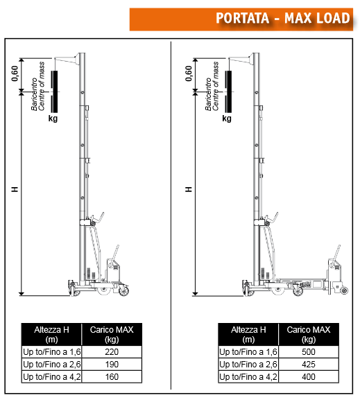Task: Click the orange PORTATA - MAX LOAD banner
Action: (x=241, y=19)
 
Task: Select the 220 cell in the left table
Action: (x=112, y=352)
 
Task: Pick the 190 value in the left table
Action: (x=112, y=365)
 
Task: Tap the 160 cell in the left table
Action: (x=112, y=377)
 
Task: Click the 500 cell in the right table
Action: (x=309, y=352)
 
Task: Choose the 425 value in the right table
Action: (x=309, y=365)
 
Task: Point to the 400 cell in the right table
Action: (x=309, y=377)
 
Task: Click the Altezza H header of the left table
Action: (x=51, y=334)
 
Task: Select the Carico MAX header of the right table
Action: (x=309, y=334)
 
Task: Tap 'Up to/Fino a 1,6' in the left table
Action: (x=52, y=352)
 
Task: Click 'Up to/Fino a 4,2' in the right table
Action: (x=248, y=377)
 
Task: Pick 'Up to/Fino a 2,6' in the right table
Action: (x=248, y=365)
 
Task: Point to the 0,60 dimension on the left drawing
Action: (x=15, y=73)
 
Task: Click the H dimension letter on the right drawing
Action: (x=189, y=189)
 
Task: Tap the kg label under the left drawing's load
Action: (x=53, y=119)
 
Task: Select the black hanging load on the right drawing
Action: (x=228, y=91)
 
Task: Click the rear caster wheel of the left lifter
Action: (x=124, y=291)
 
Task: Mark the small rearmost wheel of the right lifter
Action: (x=344, y=290)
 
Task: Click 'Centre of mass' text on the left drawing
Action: (x=42, y=86)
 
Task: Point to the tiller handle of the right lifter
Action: (x=336, y=254)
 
